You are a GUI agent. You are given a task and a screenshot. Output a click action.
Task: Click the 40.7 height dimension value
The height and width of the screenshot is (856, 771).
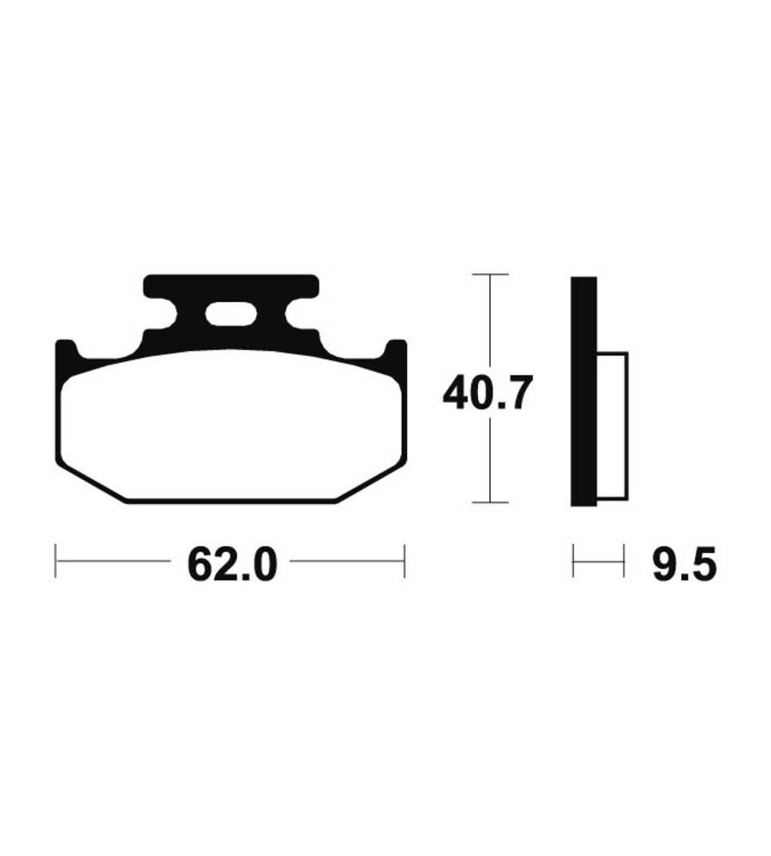[487, 393]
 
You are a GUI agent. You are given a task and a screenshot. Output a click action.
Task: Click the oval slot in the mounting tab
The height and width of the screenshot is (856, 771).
[231, 315]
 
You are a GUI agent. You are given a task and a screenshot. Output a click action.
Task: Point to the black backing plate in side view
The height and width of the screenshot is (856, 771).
[583, 391]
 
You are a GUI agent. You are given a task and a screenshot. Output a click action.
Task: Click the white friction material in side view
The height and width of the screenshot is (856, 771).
[612, 426]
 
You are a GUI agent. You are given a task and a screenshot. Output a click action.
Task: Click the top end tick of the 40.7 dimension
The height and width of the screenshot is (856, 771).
[490, 274]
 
